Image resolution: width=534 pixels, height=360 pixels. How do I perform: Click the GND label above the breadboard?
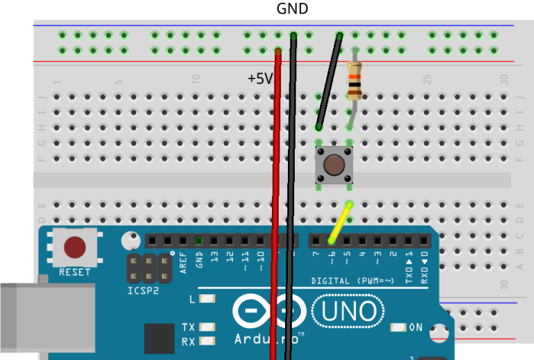pos(292,9)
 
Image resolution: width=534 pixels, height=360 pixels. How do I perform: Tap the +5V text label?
pos(260,79)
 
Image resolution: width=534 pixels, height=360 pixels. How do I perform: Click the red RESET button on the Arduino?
pos(74,247)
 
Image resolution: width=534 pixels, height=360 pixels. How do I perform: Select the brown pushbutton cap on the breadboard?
pos(334,165)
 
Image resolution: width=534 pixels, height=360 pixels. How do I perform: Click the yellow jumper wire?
pos(341,222)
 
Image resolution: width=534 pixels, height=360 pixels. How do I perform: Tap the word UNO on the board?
pos(348,312)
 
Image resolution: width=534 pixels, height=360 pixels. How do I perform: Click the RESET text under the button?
pos(74,272)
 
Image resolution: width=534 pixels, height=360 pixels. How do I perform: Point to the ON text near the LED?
pos(415,327)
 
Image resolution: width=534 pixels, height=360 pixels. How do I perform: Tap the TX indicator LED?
pos(207,327)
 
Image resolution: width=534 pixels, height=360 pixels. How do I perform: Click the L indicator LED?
pos(207,300)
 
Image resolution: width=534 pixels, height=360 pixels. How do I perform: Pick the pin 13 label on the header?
pos(215,258)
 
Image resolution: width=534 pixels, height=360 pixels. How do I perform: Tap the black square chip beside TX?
pos(159,338)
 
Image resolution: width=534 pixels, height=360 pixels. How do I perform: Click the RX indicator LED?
pos(207,341)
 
